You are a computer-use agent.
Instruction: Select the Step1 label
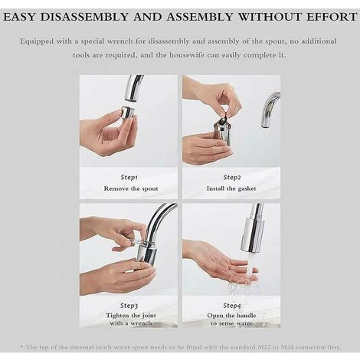pyautogui.click(x=128, y=177)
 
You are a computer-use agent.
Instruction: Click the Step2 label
pyautogui.click(x=232, y=177)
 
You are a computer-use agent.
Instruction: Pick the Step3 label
pyautogui.click(x=128, y=305)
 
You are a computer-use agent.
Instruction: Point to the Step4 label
pyautogui.click(x=232, y=305)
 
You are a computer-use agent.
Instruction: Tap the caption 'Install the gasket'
pyautogui.click(x=232, y=188)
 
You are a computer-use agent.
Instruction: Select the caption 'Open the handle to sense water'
pyautogui.click(x=232, y=319)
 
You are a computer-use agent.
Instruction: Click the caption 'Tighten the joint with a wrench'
pyautogui.click(x=128, y=319)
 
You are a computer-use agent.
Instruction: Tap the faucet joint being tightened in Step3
pyautogui.click(x=147, y=251)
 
